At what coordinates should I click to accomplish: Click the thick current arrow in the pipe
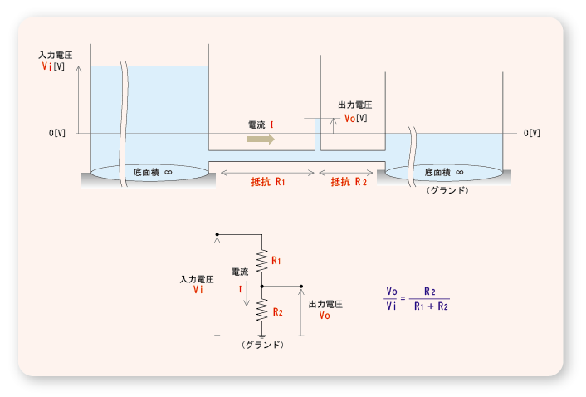(x=261, y=139)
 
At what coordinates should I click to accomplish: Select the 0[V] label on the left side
(x=57, y=133)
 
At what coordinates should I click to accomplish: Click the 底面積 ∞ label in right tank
(x=443, y=172)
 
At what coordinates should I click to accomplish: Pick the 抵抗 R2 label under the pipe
(x=349, y=181)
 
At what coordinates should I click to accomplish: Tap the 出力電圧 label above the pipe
(x=354, y=105)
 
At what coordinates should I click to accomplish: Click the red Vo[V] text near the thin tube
(x=355, y=118)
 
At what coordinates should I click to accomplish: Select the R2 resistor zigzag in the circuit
(x=261, y=310)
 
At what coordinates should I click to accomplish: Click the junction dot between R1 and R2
(x=261, y=286)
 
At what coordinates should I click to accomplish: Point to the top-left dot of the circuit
(x=217, y=235)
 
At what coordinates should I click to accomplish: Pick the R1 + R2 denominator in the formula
(x=431, y=306)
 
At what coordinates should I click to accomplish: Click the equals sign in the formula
(x=403, y=299)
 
